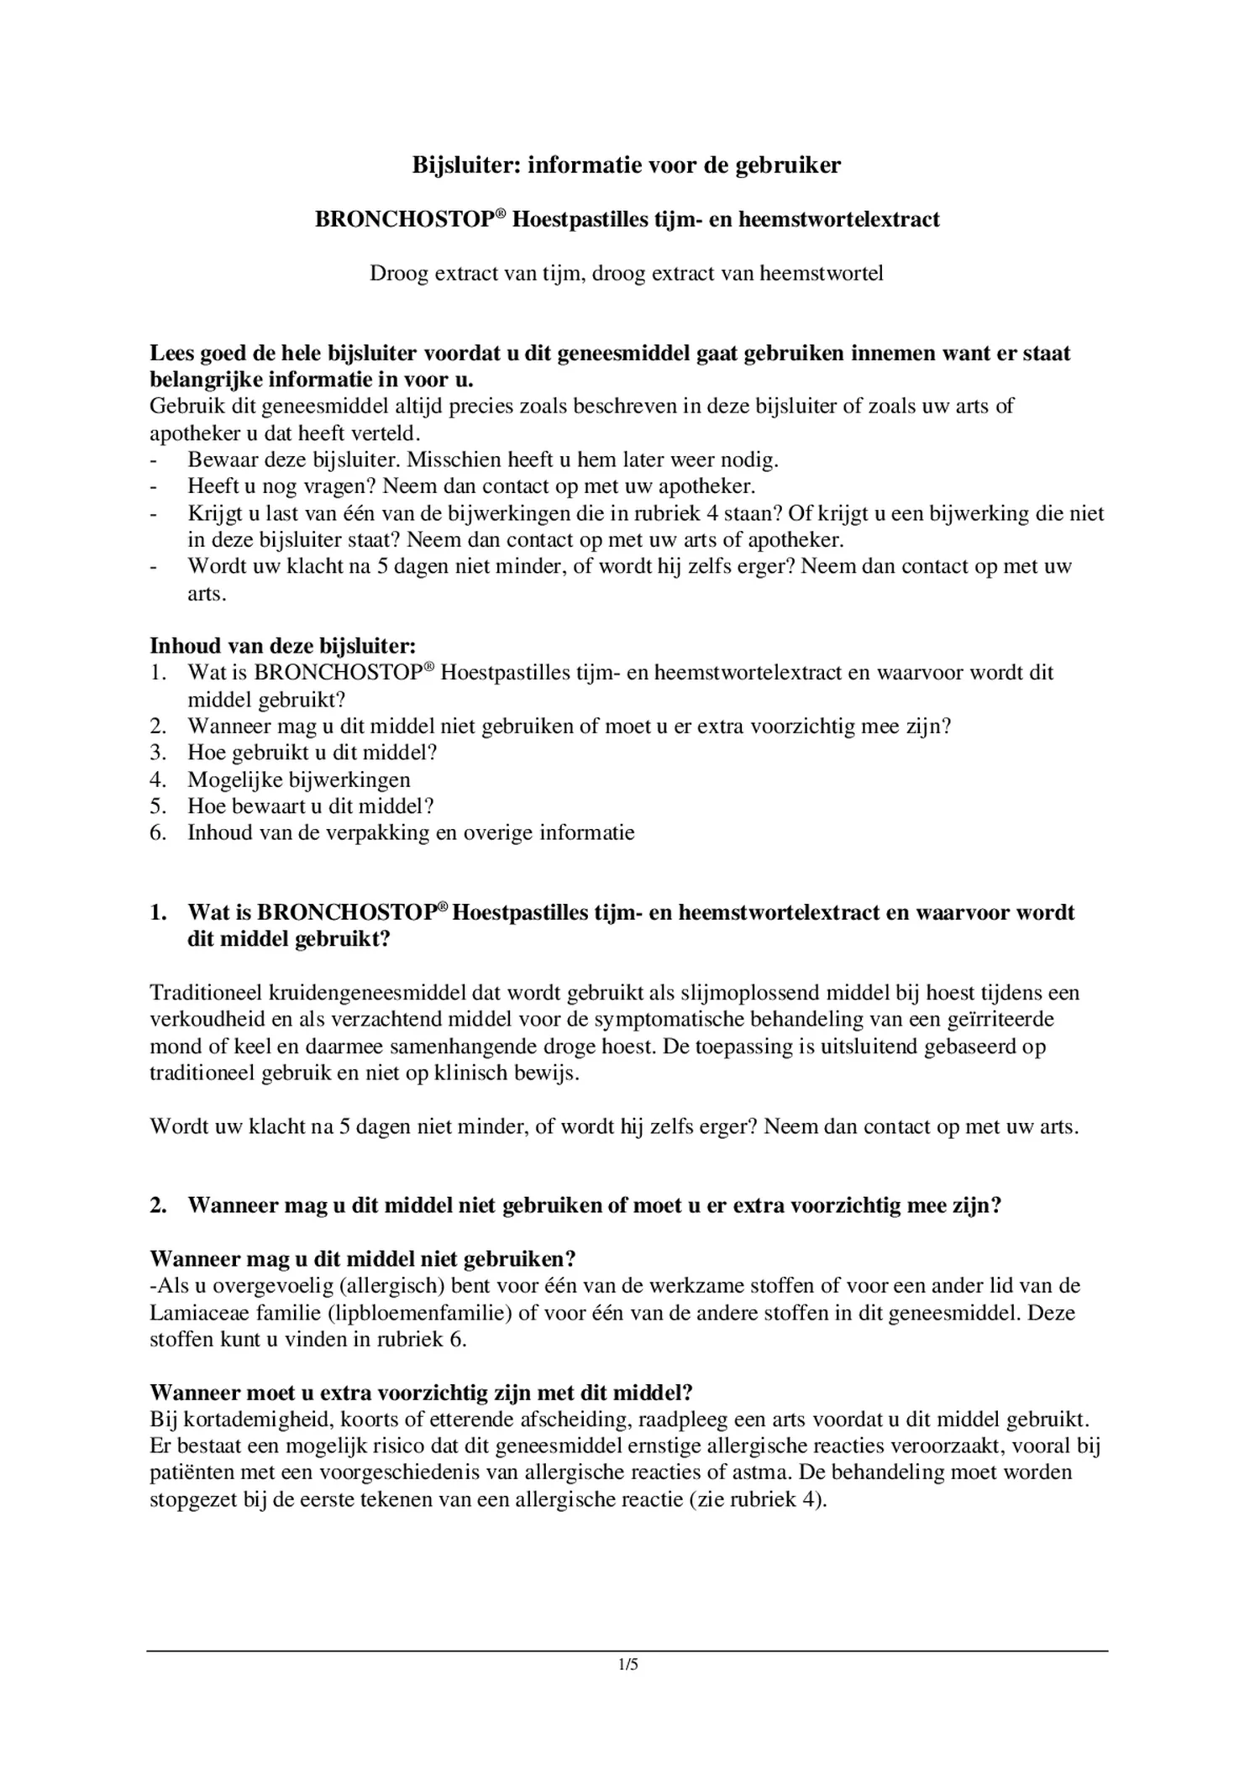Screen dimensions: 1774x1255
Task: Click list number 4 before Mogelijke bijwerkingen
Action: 158,779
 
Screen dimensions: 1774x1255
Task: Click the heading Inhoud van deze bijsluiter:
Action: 282,646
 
